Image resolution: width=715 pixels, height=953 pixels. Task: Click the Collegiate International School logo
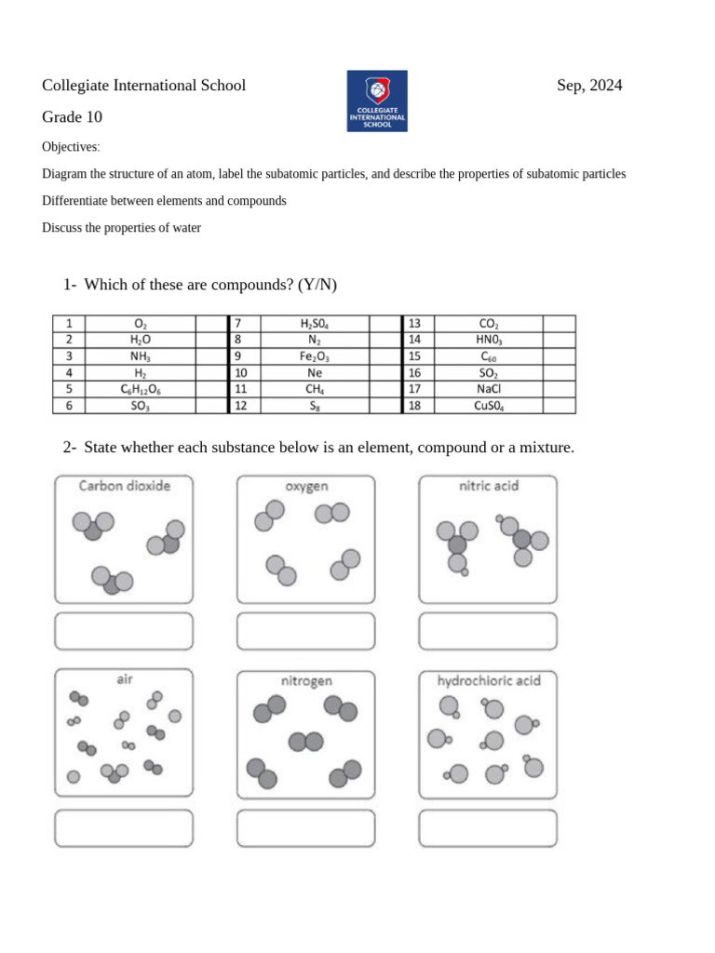tap(377, 101)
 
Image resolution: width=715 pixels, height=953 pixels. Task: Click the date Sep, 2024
tap(589, 86)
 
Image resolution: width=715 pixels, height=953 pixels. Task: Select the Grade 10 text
tap(72, 117)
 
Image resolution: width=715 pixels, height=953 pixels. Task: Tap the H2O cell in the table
tap(141, 340)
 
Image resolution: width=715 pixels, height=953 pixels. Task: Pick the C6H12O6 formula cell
tap(141, 390)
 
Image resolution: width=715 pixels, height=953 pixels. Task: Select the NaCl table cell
tap(489, 390)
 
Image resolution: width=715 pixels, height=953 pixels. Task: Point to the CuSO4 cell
tap(489, 407)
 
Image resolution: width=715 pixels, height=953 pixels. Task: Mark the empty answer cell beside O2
tap(206, 323)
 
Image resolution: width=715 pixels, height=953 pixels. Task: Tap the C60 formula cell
tap(489, 356)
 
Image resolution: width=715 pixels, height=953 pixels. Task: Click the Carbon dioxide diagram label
tap(125, 486)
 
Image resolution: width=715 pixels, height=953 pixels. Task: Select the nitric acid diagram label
tap(489, 486)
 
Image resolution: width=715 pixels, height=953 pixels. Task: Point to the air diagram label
tap(125, 680)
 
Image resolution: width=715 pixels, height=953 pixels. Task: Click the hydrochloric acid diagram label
tap(489, 681)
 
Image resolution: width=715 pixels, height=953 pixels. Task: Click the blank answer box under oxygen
tap(306, 631)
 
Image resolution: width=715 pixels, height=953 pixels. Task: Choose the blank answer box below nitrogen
tap(306, 827)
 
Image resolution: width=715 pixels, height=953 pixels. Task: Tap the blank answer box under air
tap(124, 827)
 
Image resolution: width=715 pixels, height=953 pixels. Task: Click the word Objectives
tap(70, 147)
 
